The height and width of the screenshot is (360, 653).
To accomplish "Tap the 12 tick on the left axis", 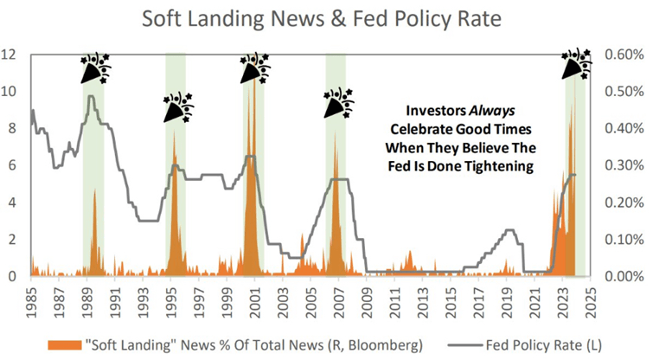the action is coord(9,55).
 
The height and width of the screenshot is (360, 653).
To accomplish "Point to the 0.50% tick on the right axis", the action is coord(624,91).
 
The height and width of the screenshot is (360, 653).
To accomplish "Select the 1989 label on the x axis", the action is coord(87,302).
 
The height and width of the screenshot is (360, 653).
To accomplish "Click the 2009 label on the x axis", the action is coord(367,302).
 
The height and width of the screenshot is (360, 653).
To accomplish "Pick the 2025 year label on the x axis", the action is coord(590,302).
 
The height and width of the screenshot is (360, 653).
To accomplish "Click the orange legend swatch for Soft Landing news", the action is coord(64,345).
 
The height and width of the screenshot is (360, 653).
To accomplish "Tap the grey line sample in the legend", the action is coord(465,345).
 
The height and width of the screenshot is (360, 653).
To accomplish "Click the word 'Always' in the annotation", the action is coord(492,111).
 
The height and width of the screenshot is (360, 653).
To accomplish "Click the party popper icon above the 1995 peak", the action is coord(179,107).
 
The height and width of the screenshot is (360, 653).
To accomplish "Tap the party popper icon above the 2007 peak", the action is coord(339,102).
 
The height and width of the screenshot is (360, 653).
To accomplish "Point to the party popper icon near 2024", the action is coord(577,65).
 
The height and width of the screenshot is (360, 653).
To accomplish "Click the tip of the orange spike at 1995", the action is coord(174,130).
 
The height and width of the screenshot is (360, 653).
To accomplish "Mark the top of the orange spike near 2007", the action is coord(335,132).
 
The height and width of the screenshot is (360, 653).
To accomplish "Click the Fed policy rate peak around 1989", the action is coord(91,96).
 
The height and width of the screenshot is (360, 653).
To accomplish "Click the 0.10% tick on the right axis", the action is coord(624,240).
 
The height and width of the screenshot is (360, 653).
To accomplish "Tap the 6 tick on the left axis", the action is coord(12,165).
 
